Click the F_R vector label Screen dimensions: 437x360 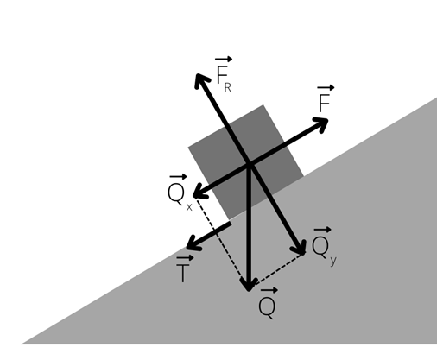pyautogui.click(x=224, y=74)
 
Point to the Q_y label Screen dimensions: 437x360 pyautogui.click(x=324, y=247)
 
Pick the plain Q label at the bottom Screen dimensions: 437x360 pyautogui.click(x=268, y=304)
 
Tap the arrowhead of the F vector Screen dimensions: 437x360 pyautogui.click(x=321, y=123)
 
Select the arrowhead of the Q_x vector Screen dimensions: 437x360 pyautogui.click(x=199, y=193)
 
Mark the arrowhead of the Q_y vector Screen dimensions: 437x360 pyautogui.click(x=300, y=248)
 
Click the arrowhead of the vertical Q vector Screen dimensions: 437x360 pyautogui.click(x=249, y=285)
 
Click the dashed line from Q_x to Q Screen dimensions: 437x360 pyautogui.click(x=220, y=240)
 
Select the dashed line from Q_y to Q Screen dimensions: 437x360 pyautogui.click(x=280, y=268)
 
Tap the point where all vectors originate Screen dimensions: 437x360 pyautogui.click(x=249, y=165)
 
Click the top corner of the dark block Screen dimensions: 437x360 pyautogui.click(x=263, y=104)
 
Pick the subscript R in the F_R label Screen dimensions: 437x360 pyautogui.click(x=227, y=88)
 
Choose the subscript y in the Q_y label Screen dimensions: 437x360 pyautogui.click(x=333, y=261)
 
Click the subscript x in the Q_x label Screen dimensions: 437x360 pyautogui.click(x=189, y=207)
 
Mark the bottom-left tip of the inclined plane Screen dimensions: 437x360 pyautogui.click(x=22, y=344)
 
